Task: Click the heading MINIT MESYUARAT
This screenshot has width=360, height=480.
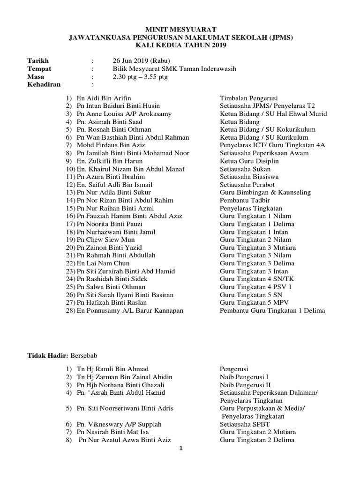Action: tap(180, 29)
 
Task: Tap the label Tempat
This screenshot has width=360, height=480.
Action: tap(39, 69)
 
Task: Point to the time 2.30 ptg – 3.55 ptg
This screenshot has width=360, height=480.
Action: tap(140, 77)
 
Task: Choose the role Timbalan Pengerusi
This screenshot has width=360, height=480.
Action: tap(249, 98)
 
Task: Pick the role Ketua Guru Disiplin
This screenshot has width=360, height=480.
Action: tap(250, 161)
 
